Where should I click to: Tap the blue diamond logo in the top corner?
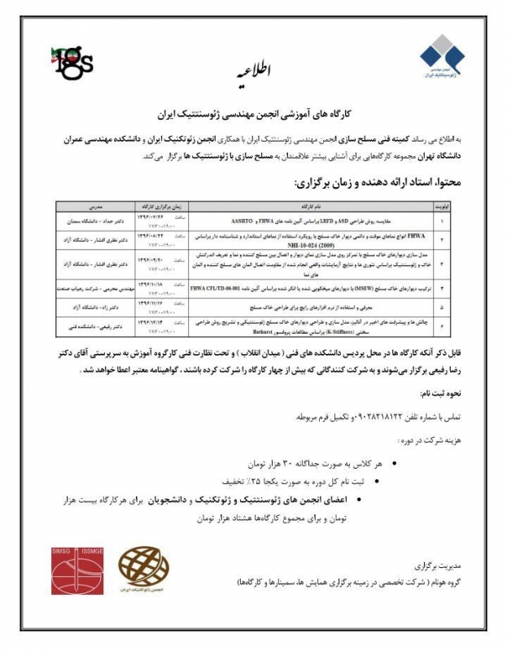[x=443, y=58]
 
